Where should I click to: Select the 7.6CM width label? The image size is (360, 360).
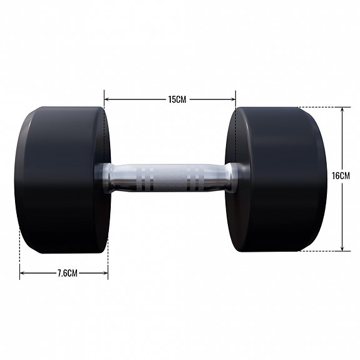click(x=66, y=273)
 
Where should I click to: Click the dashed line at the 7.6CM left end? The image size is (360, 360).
click(x=20, y=258)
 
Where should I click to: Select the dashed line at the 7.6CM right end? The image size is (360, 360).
click(x=108, y=258)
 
